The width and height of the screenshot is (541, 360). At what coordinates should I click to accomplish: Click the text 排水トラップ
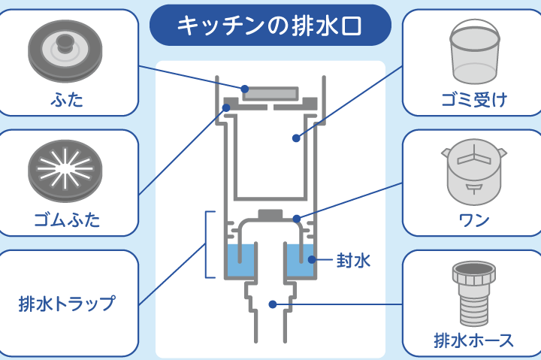click(x=67, y=304)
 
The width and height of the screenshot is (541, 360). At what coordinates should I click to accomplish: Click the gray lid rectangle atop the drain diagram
click(x=270, y=92)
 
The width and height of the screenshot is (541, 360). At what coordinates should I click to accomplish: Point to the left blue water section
click(x=240, y=264)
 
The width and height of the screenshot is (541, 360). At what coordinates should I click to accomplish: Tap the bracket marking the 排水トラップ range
click(x=208, y=244)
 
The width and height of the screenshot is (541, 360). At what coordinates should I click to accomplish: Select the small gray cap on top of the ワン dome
click(x=270, y=214)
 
